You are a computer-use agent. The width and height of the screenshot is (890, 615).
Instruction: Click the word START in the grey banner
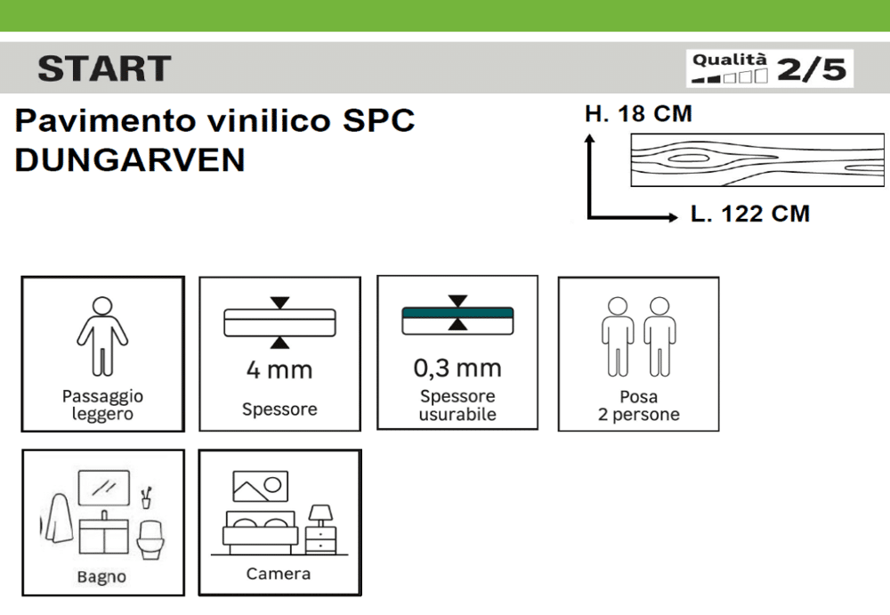point(104,69)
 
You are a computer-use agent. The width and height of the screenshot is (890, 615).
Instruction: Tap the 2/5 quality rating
point(812,69)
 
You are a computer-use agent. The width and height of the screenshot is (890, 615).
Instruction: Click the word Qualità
point(730,59)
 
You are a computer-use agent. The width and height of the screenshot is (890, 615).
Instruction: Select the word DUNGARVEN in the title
point(130,159)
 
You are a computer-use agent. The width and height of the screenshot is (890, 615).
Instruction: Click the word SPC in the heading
point(378,120)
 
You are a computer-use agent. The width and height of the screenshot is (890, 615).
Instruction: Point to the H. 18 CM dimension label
point(638,114)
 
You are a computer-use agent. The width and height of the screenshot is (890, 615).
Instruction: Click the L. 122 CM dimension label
point(749,214)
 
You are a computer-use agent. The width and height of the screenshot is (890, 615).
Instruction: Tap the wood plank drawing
point(757,159)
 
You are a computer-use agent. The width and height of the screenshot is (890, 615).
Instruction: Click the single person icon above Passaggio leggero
point(102,336)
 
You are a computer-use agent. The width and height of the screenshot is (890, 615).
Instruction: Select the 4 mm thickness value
point(279,369)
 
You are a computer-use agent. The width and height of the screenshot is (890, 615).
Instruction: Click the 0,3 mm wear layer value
point(457,368)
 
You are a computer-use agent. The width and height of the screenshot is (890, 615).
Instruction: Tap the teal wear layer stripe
point(457,312)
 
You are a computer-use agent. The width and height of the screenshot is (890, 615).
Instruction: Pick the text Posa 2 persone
point(638,406)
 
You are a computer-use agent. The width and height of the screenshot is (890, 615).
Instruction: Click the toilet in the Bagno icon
point(150,539)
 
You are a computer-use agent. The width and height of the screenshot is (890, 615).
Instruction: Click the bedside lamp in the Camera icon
point(320,515)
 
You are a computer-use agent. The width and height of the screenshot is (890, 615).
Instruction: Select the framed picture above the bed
point(261,487)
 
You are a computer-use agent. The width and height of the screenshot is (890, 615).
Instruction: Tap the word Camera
point(278,573)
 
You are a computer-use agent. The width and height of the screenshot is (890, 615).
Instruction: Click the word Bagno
point(101,577)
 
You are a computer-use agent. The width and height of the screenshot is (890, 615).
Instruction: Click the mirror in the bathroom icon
point(104,488)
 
